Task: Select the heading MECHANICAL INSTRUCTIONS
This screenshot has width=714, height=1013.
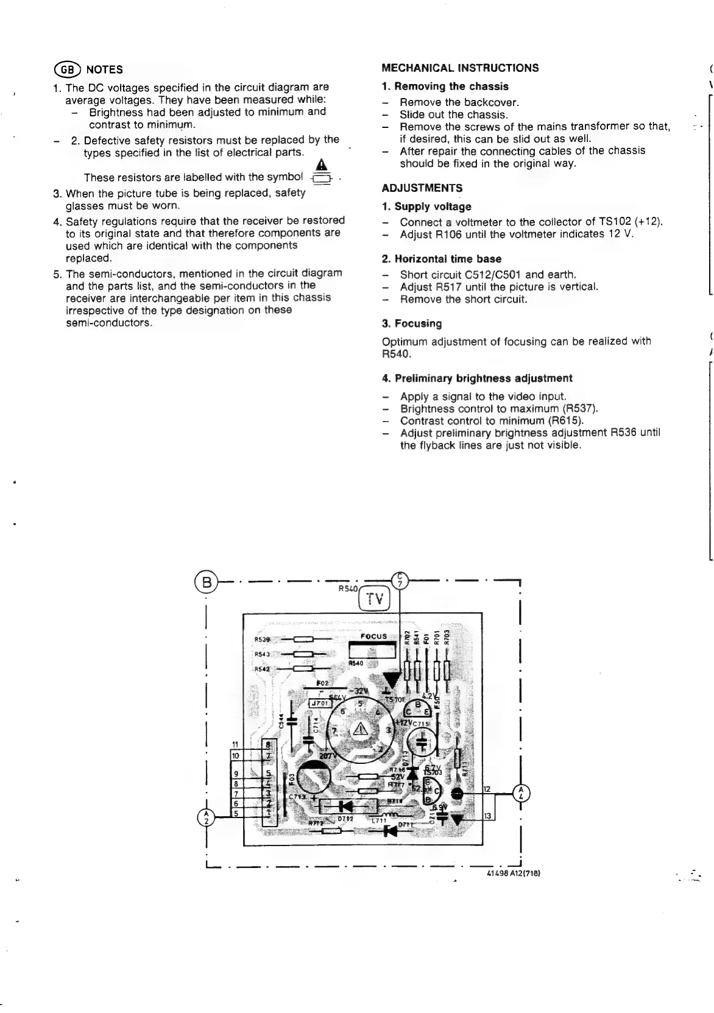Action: tap(460, 68)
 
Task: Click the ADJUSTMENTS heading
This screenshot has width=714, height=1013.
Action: tap(422, 188)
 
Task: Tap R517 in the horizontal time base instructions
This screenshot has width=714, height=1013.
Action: tap(450, 287)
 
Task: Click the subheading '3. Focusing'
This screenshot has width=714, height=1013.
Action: tap(412, 323)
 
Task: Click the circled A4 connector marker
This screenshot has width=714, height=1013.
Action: tap(521, 794)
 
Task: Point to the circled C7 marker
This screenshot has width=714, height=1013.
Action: tap(400, 581)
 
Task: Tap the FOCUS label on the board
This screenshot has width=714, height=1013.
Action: tap(373, 637)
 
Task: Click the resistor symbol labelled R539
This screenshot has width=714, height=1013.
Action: tap(303, 640)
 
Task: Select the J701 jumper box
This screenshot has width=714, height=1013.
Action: tap(320, 703)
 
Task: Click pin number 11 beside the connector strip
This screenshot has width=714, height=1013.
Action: tap(235, 744)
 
